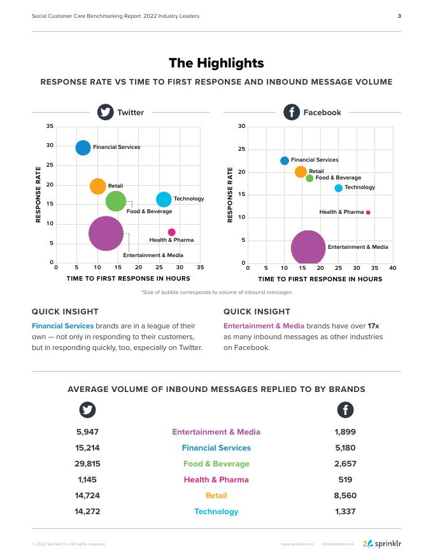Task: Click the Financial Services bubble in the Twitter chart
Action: coord(83,148)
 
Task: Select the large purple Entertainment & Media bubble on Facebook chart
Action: coord(308,248)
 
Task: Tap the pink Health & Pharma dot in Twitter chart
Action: coord(171,232)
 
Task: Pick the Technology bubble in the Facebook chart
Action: coord(338,188)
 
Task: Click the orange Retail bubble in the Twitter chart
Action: coord(97,186)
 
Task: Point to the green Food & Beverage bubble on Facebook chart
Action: coord(309,178)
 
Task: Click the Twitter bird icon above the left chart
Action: coord(105,112)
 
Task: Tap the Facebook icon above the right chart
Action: coord(292,112)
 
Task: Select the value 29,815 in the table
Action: coord(88,464)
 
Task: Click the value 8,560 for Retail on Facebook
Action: coord(345,496)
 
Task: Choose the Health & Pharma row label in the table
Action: coord(216,480)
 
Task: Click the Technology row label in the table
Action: coord(216,512)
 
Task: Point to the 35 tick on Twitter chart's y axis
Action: coord(50,126)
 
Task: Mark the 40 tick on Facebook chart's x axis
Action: coord(393,269)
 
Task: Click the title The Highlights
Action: coord(216,63)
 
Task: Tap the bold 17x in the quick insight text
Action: coord(373,325)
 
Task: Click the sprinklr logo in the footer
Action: coord(382,543)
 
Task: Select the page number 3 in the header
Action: coord(399,16)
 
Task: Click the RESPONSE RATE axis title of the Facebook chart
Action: coord(230,195)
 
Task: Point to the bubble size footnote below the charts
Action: coord(216,292)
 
